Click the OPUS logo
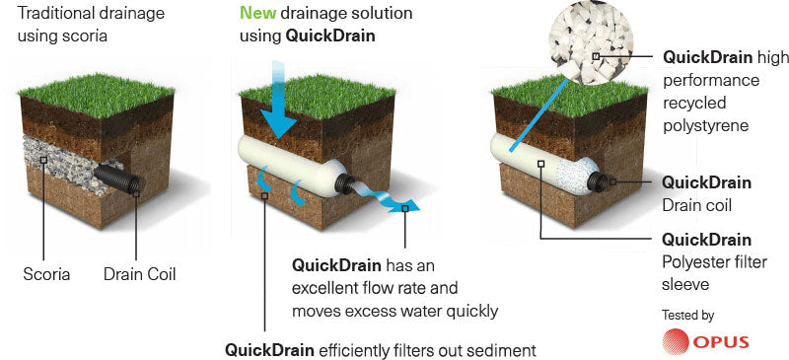click(x=706, y=342)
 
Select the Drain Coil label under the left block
click(x=139, y=273)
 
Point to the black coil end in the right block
click(x=604, y=181)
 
